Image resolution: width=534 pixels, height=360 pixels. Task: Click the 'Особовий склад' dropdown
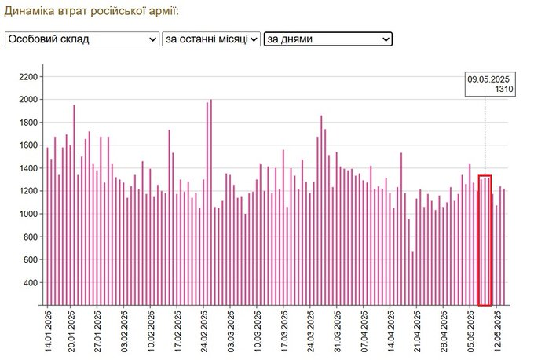tap(82, 39)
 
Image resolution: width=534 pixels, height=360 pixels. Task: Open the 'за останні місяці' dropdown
tap(210, 39)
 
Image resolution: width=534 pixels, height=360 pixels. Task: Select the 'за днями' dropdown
tap(327, 39)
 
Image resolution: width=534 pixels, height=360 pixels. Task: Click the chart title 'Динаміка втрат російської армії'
tap(91, 12)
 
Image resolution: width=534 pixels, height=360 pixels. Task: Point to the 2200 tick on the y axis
tap(27, 76)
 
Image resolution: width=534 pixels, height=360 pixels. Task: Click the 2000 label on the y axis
tap(27, 99)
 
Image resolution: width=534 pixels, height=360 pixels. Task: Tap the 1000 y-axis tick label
tap(27, 214)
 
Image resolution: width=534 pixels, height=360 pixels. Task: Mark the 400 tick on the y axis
tap(30, 282)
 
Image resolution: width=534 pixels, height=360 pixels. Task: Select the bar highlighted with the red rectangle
tap(485, 241)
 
